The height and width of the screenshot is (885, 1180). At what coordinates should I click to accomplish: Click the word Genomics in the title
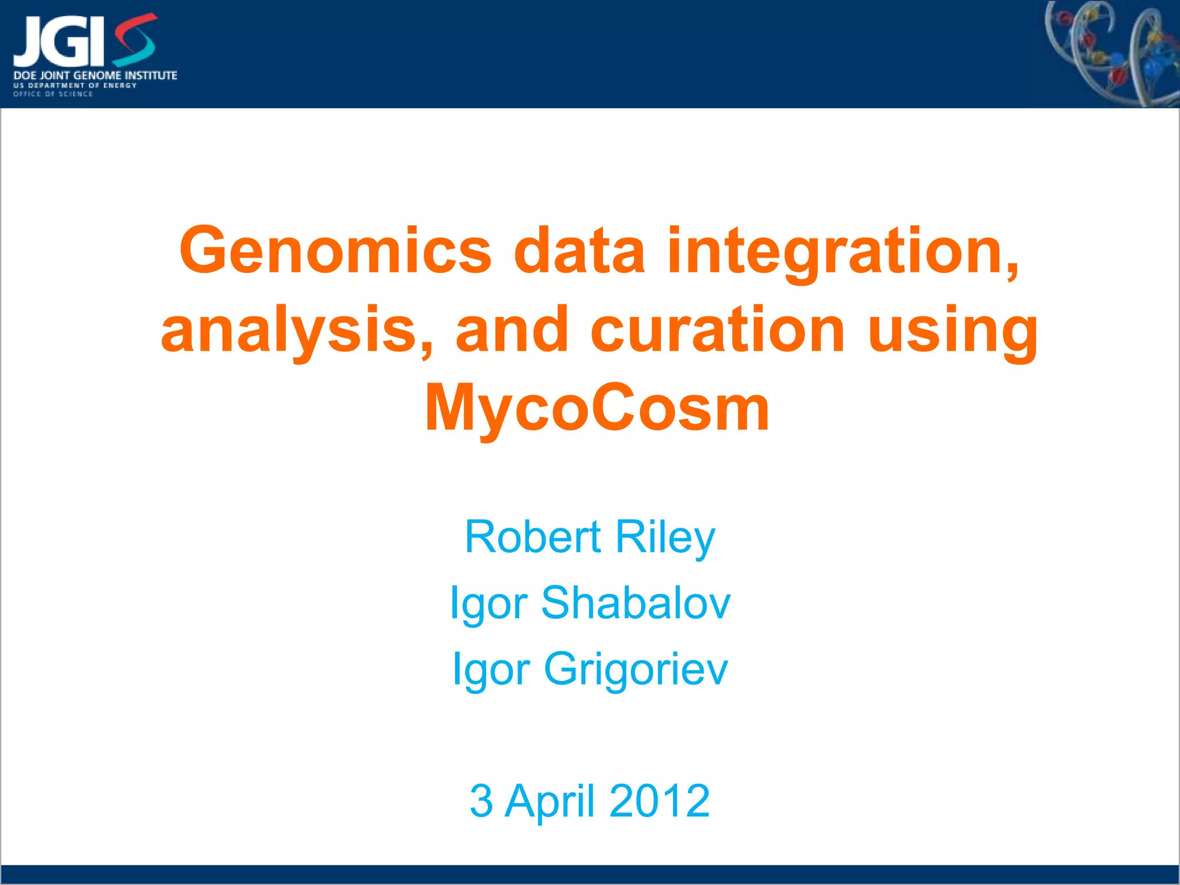click(335, 251)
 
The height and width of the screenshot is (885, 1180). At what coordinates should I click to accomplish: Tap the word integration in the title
click(842, 251)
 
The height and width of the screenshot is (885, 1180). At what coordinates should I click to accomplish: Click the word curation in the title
click(717, 330)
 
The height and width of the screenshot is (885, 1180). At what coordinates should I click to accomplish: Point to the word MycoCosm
click(597, 408)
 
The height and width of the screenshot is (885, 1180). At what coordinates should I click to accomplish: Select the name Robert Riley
click(590, 537)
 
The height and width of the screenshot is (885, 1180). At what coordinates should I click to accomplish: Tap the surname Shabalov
click(636, 603)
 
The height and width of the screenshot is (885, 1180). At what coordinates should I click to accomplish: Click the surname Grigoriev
click(636, 669)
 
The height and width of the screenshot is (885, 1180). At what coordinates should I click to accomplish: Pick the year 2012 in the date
click(659, 801)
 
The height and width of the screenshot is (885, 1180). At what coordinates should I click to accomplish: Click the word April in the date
click(550, 801)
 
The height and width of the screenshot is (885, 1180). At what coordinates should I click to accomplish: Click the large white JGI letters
click(58, 41)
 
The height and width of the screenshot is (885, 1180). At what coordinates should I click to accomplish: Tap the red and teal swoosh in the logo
click(134, 39)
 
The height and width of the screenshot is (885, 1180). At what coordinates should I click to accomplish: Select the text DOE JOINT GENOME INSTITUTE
click(95, 75)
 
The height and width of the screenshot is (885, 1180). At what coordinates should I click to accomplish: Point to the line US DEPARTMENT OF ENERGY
click(75, 85)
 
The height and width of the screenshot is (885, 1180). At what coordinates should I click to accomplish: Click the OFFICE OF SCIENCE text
click(52, 94)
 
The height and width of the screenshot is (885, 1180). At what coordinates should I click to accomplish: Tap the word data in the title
click(578, 251)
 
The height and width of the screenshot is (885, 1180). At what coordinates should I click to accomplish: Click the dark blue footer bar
click(590, 874)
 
